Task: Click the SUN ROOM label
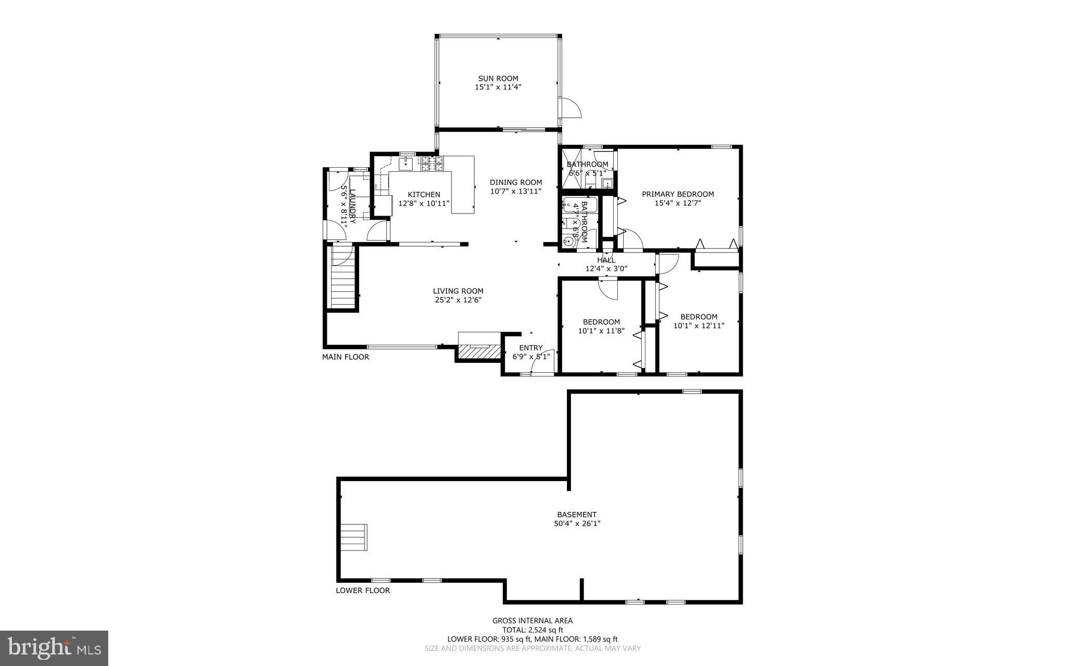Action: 498,79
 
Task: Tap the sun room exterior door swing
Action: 569,108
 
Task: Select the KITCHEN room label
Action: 424,195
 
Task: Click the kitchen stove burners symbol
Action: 433,164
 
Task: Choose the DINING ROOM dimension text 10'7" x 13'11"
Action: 516,191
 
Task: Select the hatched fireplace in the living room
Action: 478,353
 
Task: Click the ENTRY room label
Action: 531,348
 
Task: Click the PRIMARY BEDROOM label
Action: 678,194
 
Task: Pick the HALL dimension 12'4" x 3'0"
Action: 606,269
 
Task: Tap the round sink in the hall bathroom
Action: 567,242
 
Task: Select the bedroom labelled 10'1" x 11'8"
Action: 601,326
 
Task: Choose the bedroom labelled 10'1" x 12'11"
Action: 699,321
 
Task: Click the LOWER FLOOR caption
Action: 363,590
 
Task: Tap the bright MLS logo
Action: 54,648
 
